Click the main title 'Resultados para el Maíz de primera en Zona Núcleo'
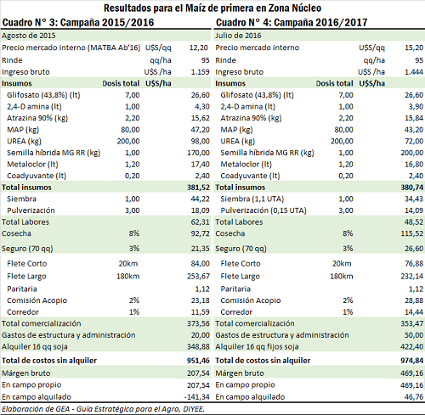[212, 8]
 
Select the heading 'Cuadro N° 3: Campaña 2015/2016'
[78, 22]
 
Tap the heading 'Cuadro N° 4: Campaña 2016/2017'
[292, 22]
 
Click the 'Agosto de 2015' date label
[29, 36]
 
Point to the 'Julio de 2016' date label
[238, 36]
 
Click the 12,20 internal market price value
[199, 48]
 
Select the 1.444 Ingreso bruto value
[414, 72]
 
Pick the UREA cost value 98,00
[200, 141]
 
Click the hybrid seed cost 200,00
[412, 153]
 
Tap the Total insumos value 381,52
[198, 188]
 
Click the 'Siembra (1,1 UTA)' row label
[252, 199]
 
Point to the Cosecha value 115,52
[412, 233]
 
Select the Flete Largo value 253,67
[198, 276]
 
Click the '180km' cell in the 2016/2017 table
[342, 276]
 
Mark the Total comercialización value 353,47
[412, 323]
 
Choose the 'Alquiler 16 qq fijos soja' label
[257, 346]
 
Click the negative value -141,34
[197, 397]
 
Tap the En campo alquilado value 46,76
[414, 397]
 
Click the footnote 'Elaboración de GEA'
[37, 409]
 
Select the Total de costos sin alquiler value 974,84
[412, 361]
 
